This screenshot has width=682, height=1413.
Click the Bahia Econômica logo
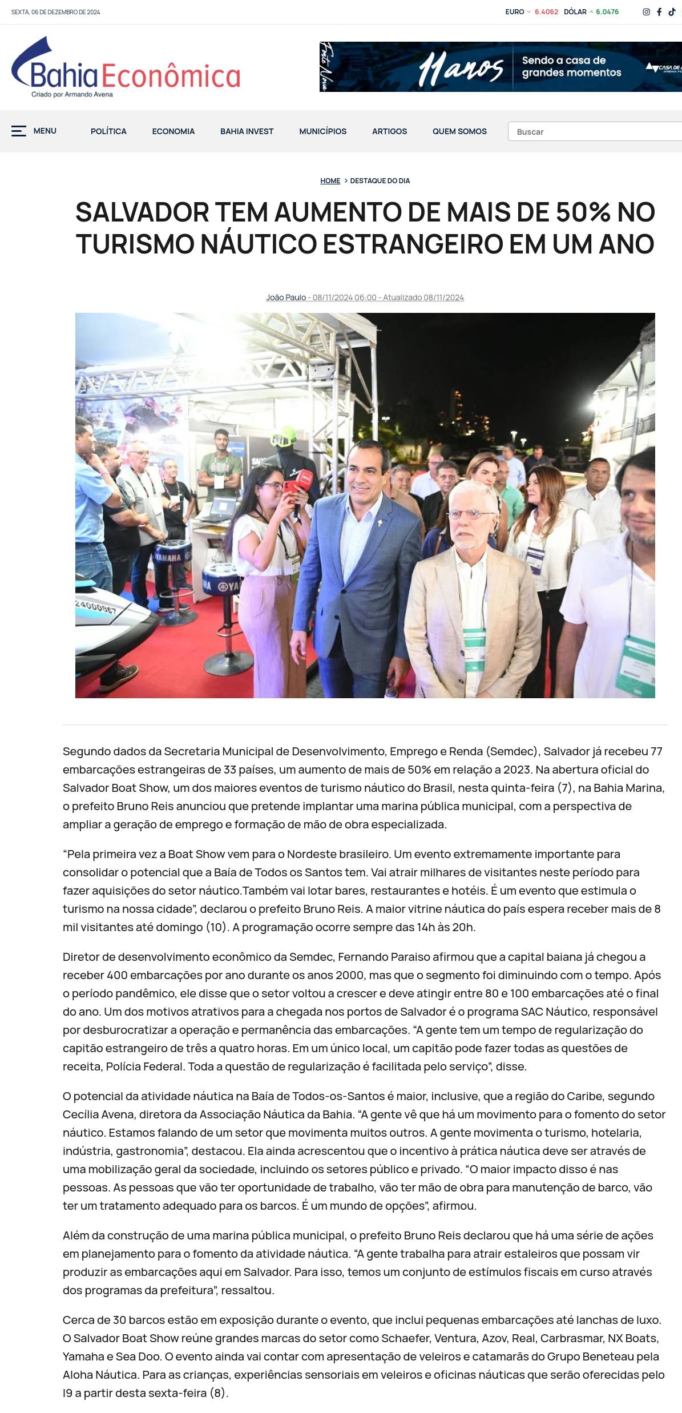(x=126, y=69)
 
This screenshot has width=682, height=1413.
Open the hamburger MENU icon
(x=19, y=131)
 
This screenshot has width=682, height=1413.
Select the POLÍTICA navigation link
(x=108, y=131)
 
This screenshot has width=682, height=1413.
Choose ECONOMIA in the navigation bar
(x=173, y=131)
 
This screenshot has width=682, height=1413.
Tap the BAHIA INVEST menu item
(x=247, y=131)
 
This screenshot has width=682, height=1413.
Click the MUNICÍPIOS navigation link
(x=322, y=131)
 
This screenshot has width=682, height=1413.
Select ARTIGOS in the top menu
(x=389, y=131)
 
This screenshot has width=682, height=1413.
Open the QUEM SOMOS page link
(x=459, y=131)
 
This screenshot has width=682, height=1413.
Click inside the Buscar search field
(x=594, y=132)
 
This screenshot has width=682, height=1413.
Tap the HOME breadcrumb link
(x=330, y=181)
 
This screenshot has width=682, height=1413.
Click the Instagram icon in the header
(x=646, y=12)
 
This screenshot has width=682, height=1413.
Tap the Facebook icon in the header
(x=659, y=12)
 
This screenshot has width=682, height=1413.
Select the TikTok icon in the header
(x=672, y=12)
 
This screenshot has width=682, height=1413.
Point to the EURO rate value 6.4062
(x=546, y=12)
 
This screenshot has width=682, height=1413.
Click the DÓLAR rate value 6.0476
(x=607, y=12)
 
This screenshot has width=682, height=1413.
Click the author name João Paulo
(x=286, y=297)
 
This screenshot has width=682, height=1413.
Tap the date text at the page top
(x=55, y=12)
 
